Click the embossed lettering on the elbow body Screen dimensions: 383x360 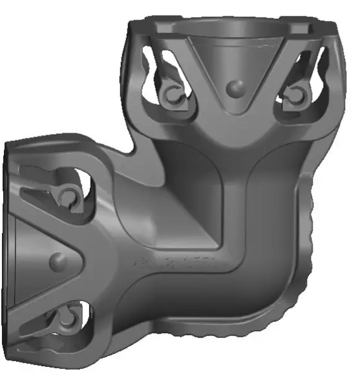(x=175, y=264)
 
